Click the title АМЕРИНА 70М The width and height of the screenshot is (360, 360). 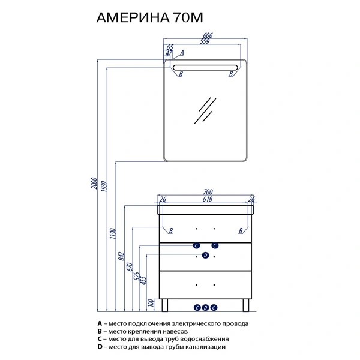(x=149, y=17)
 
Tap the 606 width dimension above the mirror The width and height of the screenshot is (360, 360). (x=208, y=35)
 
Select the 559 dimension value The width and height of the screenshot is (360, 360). (x=205, y=41)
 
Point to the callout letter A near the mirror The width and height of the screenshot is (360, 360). (x=182, y=53)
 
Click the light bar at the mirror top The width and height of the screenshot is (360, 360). (x=205, y=67)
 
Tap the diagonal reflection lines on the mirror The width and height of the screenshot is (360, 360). (x=205, y=110)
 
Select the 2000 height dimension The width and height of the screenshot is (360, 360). (x=94, y=183)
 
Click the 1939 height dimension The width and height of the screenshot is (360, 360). (x=104, y=187)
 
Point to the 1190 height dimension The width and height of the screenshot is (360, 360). (x=113, y=233)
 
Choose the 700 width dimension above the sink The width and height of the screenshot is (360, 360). (x=208, y=192)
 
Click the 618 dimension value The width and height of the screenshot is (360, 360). (x=208, y=199)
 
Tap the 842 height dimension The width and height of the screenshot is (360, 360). (x=121, y=256)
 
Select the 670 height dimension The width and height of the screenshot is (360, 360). (x=130, y=267)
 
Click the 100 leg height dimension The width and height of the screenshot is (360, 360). (x=151, y=303)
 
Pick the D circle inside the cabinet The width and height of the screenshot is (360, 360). (x=205, y=256)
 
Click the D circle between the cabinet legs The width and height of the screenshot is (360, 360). (x=205, y=308)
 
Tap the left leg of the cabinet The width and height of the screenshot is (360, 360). (x=164, y=305)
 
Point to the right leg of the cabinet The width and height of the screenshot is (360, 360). (x=246, y=305)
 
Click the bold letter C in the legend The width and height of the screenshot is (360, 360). (x=100, y=339)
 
